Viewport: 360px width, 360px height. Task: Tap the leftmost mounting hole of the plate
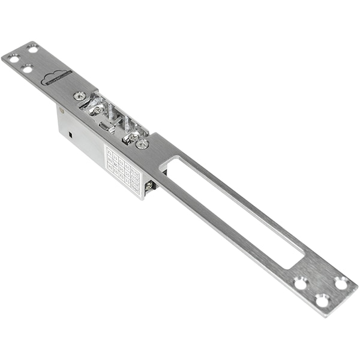click(12, 58)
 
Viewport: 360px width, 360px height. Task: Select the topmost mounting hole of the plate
click(32, 49)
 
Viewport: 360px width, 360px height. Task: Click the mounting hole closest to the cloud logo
click(27, 69)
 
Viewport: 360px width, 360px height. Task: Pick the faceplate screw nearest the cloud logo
click(79, 95)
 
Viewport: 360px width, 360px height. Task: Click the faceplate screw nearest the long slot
click(142, 143)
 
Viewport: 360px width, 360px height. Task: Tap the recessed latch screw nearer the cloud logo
click(96, 110)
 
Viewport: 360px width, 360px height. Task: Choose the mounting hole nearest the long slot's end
click(300, 283)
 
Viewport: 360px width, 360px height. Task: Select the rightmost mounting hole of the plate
click(341, 283)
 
